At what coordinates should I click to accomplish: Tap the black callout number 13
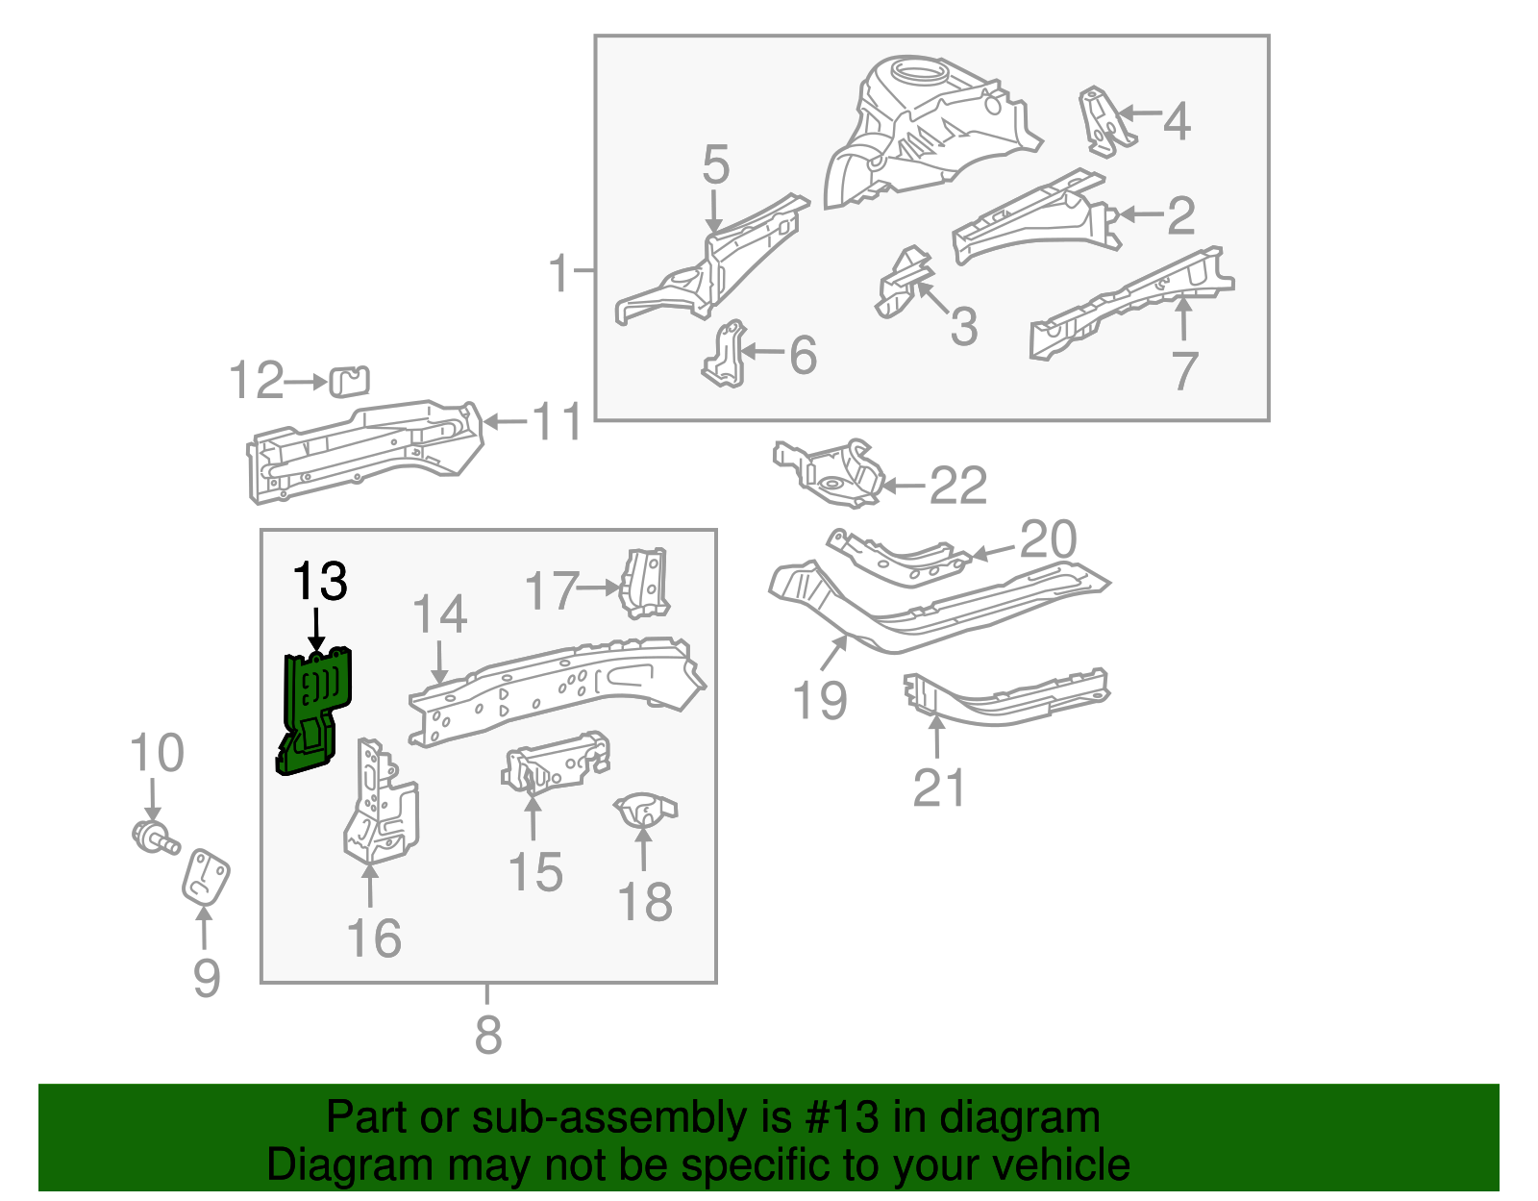coord(319,581)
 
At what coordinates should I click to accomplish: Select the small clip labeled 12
coord(349,381)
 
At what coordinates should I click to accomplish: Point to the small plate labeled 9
coord(206,876)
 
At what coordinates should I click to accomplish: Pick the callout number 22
coord(957,486)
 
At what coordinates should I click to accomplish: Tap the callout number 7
coord(1184,370)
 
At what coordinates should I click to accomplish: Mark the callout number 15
coord(534,872)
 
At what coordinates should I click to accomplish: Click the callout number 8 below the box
coord(488,1035)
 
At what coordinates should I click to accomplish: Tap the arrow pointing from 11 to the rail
coord(506,421)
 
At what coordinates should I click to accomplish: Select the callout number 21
coord(938,788)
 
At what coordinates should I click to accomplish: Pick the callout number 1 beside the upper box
coord(558,273)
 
